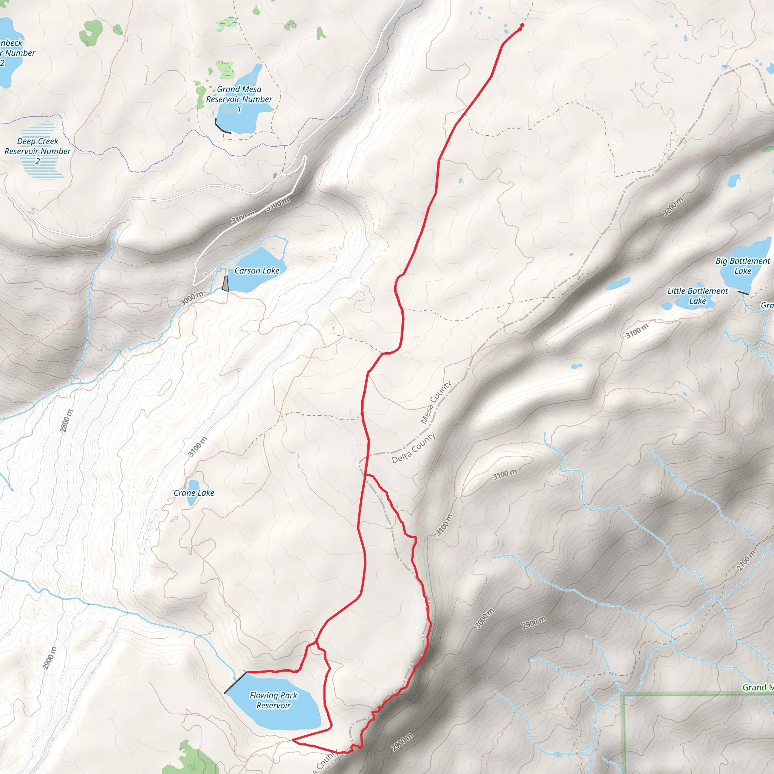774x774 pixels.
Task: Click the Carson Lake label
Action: (256, 271)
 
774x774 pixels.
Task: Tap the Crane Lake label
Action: (193, 493)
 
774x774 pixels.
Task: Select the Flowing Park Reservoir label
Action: (273, 700)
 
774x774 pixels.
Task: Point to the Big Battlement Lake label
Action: (742, 266)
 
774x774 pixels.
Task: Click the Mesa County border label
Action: (436, 402)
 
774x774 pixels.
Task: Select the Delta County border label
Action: (413, 448)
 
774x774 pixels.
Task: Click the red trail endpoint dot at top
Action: (522, 26)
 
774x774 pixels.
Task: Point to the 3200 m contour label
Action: (673, 207)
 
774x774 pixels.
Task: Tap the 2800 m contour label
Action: (67, 421)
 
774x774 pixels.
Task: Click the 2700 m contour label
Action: (746, 560)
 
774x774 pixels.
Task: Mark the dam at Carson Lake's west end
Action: (226, 284)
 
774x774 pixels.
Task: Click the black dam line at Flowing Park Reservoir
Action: (235, 683)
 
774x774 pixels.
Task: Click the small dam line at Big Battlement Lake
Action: (743, 293)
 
